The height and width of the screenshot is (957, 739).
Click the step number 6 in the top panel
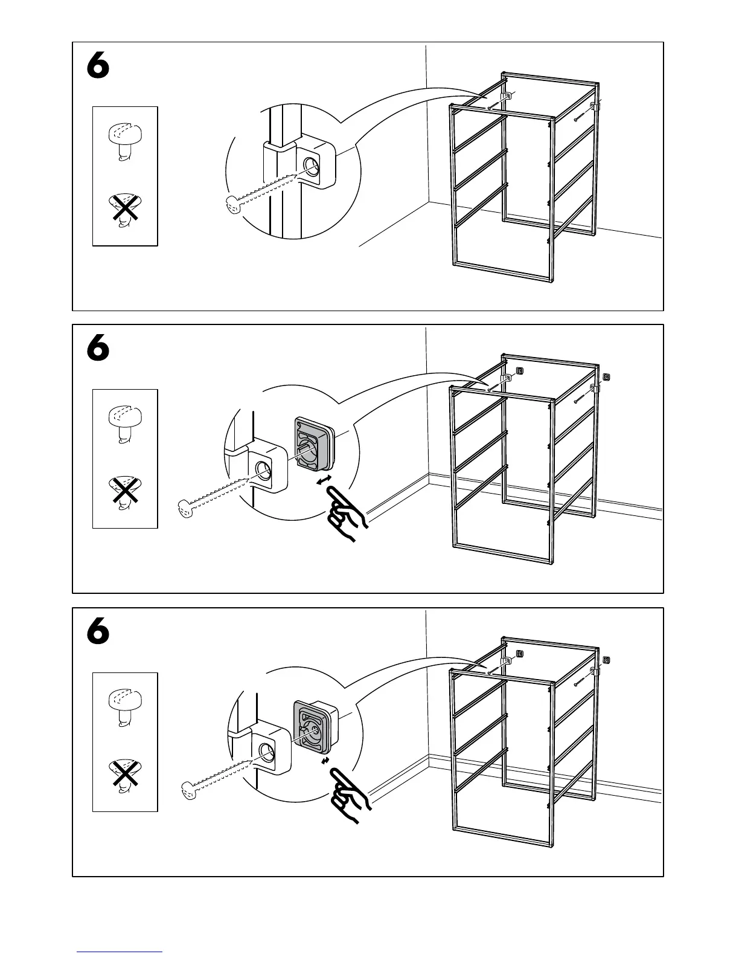(98, 66)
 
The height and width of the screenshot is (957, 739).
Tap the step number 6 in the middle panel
(98, 349)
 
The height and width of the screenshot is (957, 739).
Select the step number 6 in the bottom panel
(98, 632)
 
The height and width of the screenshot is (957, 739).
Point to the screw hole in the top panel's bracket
(312, 166)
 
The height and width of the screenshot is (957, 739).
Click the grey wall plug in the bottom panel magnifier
(313, 728)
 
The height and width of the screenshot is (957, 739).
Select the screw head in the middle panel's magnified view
(187, 509)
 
